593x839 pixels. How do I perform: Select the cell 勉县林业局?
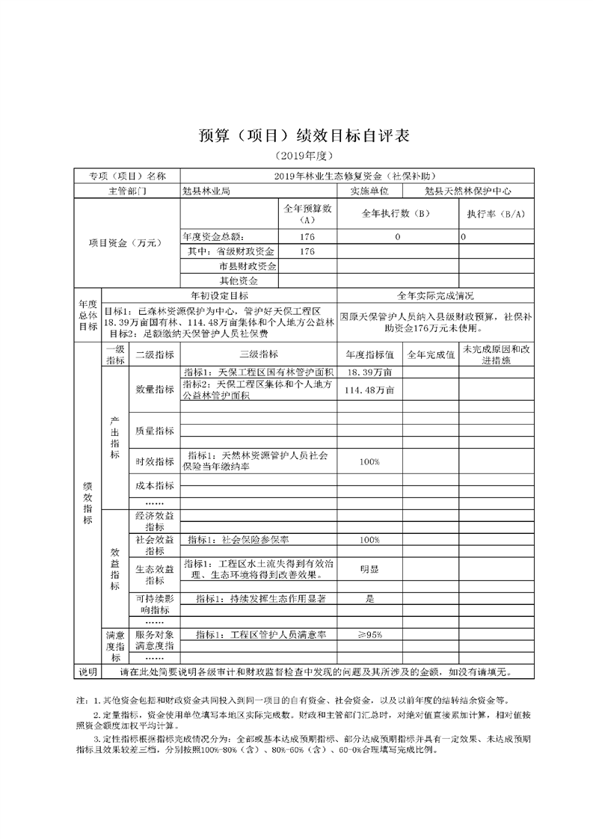206,191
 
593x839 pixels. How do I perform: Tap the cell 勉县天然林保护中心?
466,191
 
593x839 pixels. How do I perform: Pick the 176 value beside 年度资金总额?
307,236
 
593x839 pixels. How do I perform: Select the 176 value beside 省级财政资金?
307,251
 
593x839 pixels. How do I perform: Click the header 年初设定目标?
220,295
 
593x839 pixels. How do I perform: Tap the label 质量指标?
155,431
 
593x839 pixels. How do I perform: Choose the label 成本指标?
155,485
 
